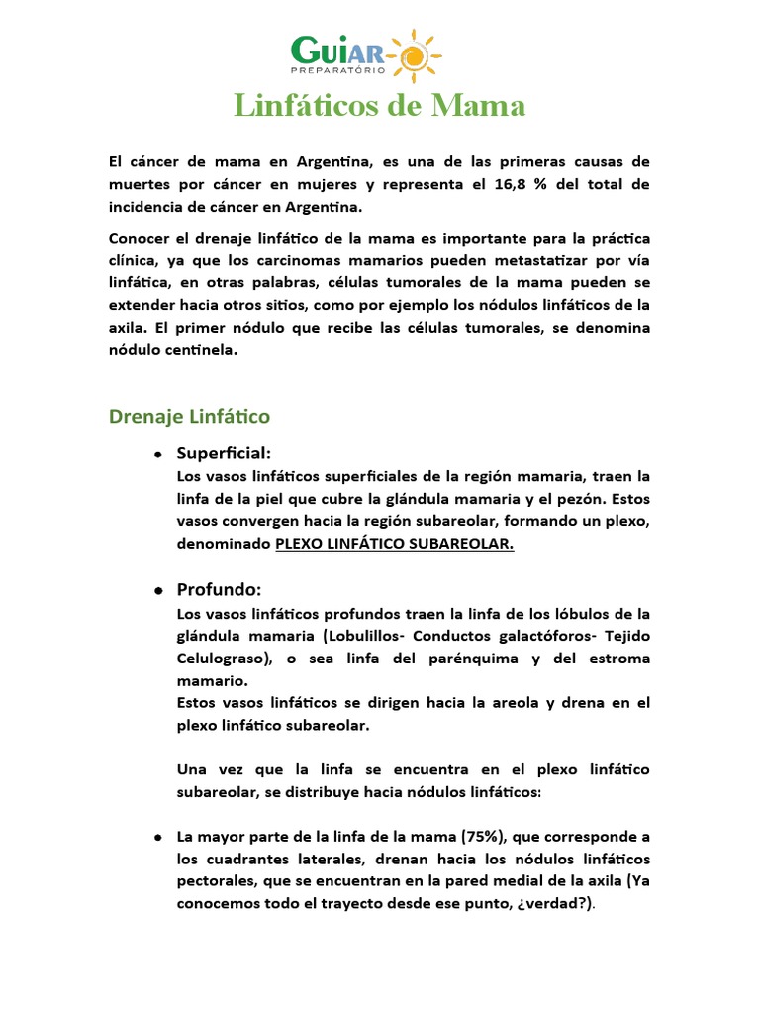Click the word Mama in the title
tap(482, 106)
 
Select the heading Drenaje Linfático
tap(188, 417)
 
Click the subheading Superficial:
tap(224, 453)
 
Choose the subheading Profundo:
tap(219, 589)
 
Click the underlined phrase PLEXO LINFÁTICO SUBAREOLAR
tap(394, 544)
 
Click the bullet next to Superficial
tap(158, 455)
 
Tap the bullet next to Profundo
tap(158, 591)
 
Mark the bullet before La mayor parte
tap(158, 838)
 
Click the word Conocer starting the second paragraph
tap(141, 239)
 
